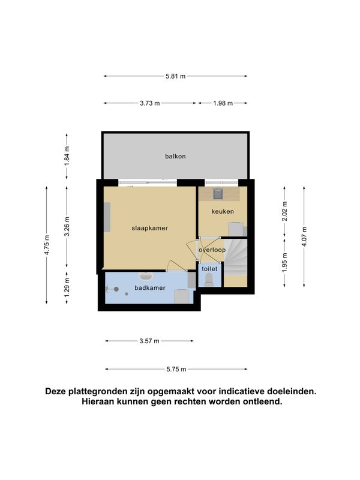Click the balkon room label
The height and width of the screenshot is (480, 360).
click(175, 156)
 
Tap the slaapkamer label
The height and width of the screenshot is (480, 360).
click(149, 228)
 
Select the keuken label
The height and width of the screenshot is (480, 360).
click(223, 211)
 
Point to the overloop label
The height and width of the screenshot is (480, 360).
click(212, 250)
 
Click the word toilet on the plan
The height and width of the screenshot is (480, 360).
click(209, 269)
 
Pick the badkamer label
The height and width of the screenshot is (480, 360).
click(150, 288)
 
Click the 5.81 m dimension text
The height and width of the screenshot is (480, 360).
click(175, 76)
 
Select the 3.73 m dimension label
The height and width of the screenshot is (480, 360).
click(149, 103)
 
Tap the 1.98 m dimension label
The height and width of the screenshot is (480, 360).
click(223, 103)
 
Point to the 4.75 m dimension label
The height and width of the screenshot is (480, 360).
click(47, 245)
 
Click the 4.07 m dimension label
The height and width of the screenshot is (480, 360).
click(304, 236)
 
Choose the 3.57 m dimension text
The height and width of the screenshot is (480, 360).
click(149, 341)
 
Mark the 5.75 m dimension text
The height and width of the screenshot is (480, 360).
click(176, 369)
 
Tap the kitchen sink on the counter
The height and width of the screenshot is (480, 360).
click(218, 193)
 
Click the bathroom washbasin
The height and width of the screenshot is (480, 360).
click(146, 276)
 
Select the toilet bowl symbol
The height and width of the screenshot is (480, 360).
click(209, 280)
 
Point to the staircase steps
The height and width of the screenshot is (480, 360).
click(235, 258)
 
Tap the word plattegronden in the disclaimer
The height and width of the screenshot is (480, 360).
click(98, 392)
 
